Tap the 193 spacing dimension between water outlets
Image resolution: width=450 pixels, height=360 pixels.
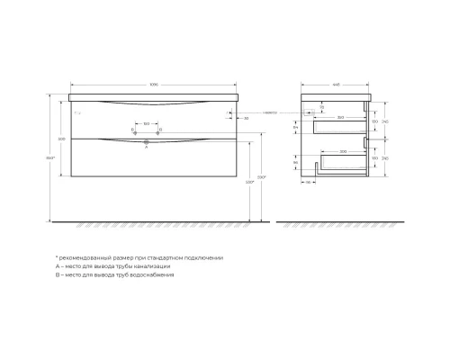pyautogui.click(x=147, y=125)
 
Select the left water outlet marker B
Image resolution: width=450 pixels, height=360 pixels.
pyautogui.click(x=135, y=131)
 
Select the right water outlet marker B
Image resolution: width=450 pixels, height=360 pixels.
pyautogui.click(x=158, y=131)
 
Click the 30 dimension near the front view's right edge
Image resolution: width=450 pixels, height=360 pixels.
pyautogui.click(x=246, y=117)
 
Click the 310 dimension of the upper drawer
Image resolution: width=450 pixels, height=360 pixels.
pyautogui.click(x=339, y=117)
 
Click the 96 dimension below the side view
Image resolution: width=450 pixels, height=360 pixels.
pyautogui.click(x=308, y=182)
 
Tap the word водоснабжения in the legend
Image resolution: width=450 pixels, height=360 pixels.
pyautogui.click(x=152, y=276)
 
